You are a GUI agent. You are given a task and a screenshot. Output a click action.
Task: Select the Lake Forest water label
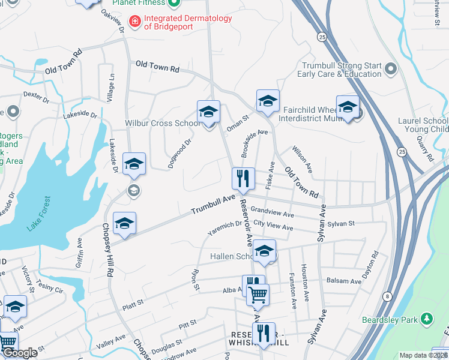coord(39,214)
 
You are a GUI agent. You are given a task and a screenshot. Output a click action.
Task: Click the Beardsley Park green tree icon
coord(426,317)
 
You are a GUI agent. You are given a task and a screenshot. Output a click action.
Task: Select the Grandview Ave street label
coord(272,213)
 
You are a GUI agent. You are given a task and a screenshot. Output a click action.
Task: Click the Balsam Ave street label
coord(345,281)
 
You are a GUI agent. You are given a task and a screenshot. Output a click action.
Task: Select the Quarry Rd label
coord(428,148)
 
